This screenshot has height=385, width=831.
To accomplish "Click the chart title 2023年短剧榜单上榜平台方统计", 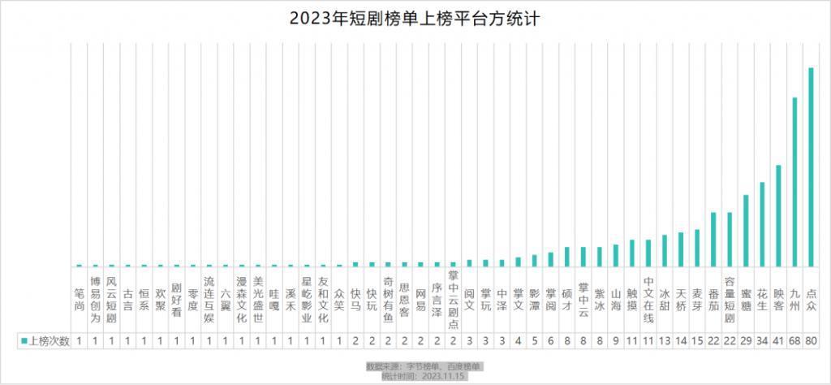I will pos(415,19).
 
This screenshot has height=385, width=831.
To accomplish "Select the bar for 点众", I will pos(811,167).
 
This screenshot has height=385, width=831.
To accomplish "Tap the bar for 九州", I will pos(794,182).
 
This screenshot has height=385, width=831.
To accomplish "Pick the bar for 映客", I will pos(778,216).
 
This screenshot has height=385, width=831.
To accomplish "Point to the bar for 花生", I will pos(762,224).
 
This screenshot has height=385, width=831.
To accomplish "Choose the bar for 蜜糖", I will pos(746,231).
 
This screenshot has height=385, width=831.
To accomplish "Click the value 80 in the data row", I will pos(811,340).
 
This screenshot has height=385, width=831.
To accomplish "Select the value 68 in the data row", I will pos(794,340).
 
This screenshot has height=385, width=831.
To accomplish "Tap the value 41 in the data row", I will pos(778,340).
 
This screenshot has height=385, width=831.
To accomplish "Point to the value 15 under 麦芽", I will pos(697,340).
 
